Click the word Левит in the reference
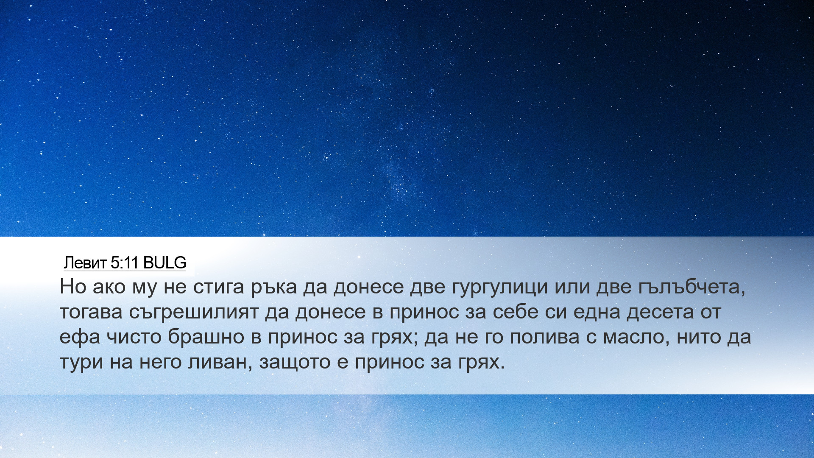pos(85,263)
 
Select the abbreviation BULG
pos(164,263)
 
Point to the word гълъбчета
pos(691,287)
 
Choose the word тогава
pos(91,312)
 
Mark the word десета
pos(660,312)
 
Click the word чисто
pos(134,337)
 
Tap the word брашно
pos(206,337)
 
